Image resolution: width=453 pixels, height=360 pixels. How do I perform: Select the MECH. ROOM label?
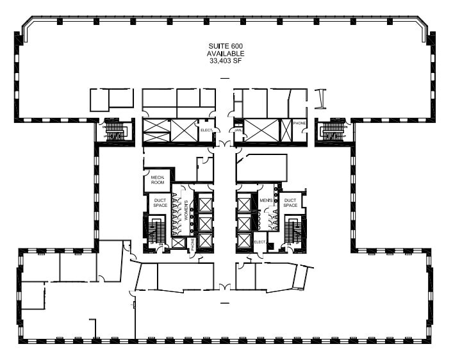[158, 179]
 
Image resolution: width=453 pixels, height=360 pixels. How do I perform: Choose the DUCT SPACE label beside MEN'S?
[290, 202]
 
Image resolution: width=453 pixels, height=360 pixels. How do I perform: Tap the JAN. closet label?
[238, 129]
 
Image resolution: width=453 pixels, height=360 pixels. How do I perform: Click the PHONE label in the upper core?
[299, 123]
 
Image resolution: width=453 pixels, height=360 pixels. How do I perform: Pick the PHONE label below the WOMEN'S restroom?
[192, 243]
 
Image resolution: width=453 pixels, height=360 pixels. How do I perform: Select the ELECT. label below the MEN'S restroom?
[260, 242]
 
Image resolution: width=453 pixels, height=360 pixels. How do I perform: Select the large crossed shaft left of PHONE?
[261, 131]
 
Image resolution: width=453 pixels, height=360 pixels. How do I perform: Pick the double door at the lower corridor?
[224, 286]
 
